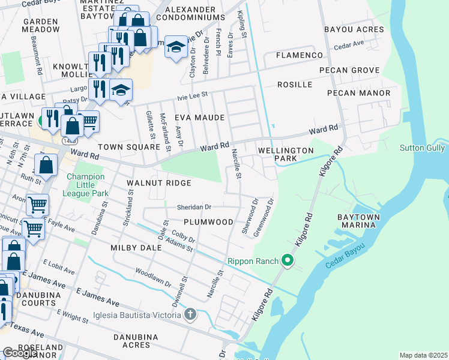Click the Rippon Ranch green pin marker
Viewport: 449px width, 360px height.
(x=288, y=260)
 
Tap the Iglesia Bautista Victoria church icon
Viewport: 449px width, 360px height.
(x=190, y=314)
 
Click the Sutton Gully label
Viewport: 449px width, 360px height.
(x=423, y=148)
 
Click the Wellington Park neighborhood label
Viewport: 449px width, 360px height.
(x=286, y=154)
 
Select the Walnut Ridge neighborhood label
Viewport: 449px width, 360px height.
(x=158, y=182)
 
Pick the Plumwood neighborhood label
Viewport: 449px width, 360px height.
(x=208, y=222)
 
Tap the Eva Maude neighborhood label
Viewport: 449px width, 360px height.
(x=199, y=118)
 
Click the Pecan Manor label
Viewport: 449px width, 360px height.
(x=358, y=93)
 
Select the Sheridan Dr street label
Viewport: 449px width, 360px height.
(x=194, y=207)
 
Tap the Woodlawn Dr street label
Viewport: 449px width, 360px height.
(x=154, y=277)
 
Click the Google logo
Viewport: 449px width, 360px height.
(x=20, y=353)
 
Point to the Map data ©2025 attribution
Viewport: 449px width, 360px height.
(x=423, y=355)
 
